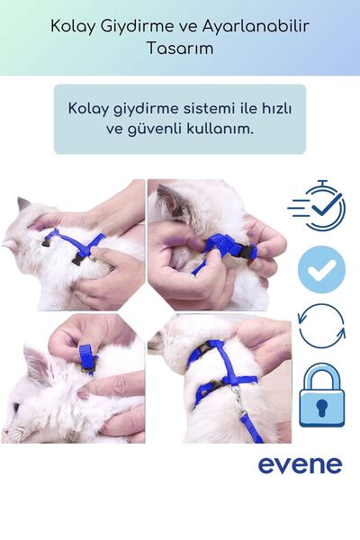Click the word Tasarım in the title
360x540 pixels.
click(179, 49)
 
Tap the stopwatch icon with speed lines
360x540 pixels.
click(319, 208)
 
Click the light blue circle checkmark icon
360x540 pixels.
click(321, 268)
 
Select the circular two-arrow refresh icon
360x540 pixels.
click(321, 326)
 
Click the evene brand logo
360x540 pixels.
click(300, 464)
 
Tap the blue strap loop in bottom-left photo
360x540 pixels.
click(88, 358)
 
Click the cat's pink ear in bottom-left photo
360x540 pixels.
click(38, 364)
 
